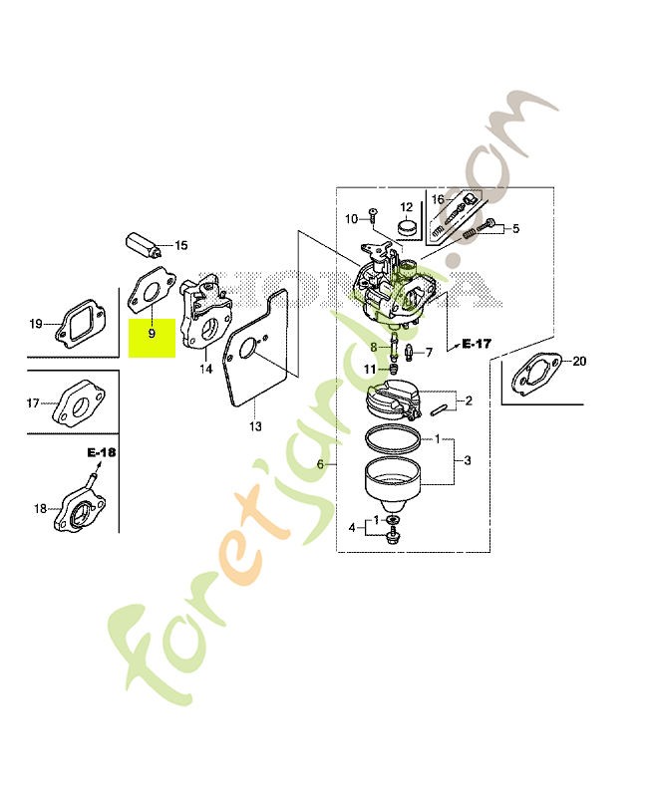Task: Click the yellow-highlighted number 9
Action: pos(152,334)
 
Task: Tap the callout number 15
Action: pos(181,245)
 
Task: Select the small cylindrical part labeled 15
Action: pos(144,245)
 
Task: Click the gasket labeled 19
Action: pos(81,323)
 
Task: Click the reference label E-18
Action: pos(102,452)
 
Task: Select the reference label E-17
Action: pos(477,344)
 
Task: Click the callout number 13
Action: pos(255,426)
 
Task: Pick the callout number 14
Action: pos(205,369)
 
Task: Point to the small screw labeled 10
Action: pos(372,216)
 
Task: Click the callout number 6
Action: pos(320,464)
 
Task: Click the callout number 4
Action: pos(352,528)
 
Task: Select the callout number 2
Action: pos(469,400)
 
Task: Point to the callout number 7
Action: pos(429,353)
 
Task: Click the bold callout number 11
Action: pos(370,369)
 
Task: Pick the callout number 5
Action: pos(515,228)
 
